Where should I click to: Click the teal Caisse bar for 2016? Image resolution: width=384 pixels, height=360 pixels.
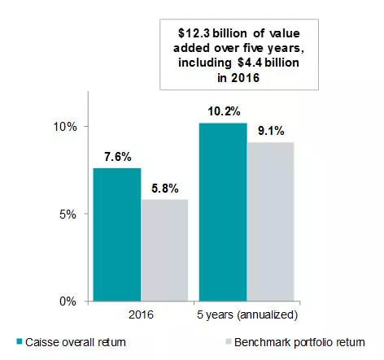(116, 235)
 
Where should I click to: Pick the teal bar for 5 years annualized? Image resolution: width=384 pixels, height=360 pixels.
(222, 212)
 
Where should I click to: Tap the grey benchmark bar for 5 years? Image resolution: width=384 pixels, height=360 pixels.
(270, 222)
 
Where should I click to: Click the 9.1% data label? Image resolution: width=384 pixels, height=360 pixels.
(270, 131)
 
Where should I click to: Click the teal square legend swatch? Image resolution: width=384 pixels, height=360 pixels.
(18, 341)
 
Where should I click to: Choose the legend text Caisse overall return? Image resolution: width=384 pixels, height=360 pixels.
(78, 341)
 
